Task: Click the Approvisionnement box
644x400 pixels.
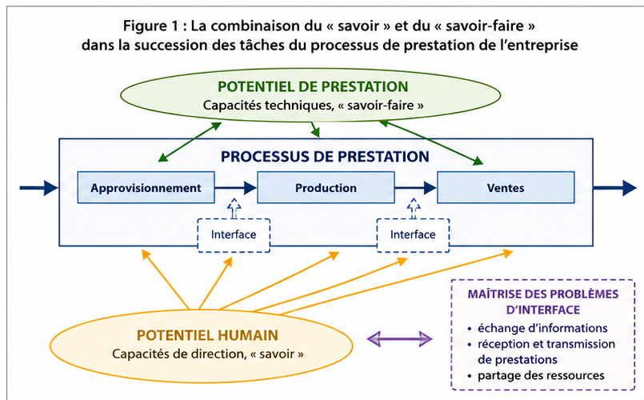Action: pos(146,187)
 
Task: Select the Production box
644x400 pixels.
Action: pos(326,187)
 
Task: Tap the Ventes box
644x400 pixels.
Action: pos(506,187)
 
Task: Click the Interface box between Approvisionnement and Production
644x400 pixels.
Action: pos(234,235)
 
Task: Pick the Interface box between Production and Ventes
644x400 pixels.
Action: pos(413,235)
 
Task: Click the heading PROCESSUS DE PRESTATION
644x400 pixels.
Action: pos(325,157)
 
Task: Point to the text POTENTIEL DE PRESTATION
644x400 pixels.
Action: pos(313,86)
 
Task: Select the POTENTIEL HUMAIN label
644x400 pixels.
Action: pos(207,335)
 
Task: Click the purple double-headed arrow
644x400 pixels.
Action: pos(400,339)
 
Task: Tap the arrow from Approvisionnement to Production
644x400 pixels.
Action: pos(236,188)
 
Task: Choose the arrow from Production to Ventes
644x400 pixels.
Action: pos(416,188)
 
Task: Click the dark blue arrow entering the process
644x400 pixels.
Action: pos(39,188)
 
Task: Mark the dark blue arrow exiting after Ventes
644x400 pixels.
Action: pos(615,188)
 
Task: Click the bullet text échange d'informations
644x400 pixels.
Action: pos(542,328)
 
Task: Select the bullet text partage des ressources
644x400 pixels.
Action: pos(541,375)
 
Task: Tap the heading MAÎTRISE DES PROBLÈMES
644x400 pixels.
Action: pos(543,294)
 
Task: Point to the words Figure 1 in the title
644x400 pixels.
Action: pos(150,26)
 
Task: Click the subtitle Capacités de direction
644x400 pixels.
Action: pos(178,354)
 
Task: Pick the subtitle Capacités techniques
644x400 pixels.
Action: pos(268,105)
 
